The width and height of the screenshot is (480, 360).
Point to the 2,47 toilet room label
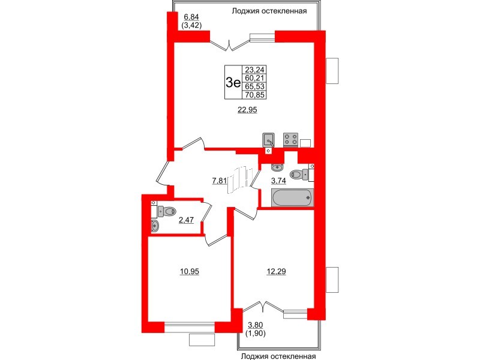click(185, 220)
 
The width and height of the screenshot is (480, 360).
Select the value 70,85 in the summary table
click(255, 94)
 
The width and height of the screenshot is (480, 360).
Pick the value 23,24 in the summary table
click(255, 69)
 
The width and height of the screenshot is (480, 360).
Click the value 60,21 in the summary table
click(255, 77)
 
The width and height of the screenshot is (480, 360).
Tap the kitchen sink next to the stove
click(269, 140)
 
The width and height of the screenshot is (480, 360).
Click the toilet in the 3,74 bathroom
click(298, 175)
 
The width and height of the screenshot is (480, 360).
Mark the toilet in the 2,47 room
click(166, 211)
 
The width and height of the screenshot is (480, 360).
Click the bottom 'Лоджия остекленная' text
click(277, 356)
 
